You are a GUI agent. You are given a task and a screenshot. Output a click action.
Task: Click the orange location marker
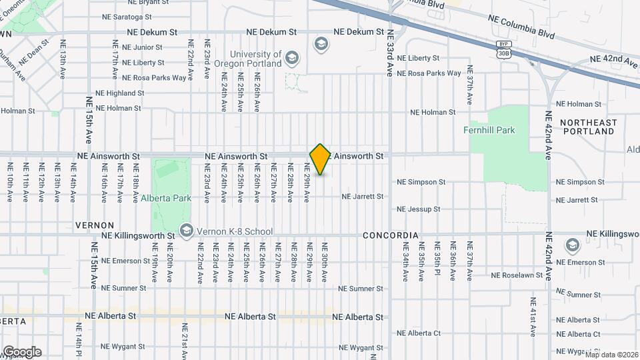[x=320, y=159]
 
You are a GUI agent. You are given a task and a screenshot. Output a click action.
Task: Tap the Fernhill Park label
[x=489, y=131]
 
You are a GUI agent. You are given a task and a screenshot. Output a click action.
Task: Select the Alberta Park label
[x=166, y=198]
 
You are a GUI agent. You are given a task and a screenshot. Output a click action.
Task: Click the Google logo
[x=22, y=352]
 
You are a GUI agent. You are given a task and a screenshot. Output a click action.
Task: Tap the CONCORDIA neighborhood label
[x=391, y=236]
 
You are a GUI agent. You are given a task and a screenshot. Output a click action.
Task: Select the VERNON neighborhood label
[x=95, y=225]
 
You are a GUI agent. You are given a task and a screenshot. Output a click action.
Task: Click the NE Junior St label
[x=138, y=47]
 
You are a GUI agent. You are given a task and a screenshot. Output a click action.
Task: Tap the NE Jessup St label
[x=419, y=209]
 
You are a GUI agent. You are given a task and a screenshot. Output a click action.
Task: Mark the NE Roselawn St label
[x=517, y=275]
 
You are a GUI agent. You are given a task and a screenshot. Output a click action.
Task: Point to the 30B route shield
[x=504, y=53]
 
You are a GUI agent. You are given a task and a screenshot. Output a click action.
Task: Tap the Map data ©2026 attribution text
[x=611, y=355]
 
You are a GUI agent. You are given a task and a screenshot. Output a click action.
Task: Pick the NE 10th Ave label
[x=10, y=182]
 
